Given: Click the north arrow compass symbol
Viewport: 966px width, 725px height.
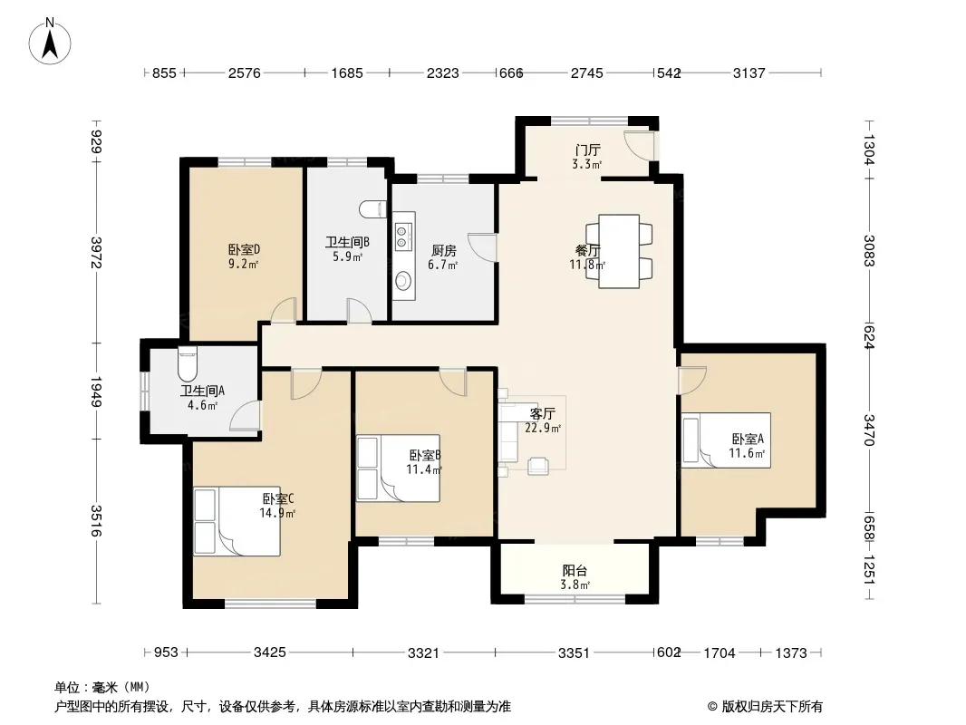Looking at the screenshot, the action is [x=49, y=42].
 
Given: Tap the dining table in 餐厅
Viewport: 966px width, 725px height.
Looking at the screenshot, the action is [x=619, y=251].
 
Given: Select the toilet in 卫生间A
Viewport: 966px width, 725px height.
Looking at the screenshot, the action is [x=188, y=363].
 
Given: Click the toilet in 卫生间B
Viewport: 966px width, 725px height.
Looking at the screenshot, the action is [x=372, y=209].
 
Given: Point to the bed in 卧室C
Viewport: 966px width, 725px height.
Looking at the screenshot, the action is [x=237, y=522].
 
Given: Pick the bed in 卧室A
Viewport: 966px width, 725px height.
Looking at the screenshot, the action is [x=727, y=440].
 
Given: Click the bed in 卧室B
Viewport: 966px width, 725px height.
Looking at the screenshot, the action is [x=398, y=469].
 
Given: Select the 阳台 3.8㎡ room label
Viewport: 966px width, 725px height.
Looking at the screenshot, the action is [x=575, y=577].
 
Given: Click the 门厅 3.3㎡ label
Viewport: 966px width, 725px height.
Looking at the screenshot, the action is [x=586, y=157].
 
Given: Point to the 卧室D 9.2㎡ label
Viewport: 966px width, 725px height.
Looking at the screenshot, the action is [x=244, y=256].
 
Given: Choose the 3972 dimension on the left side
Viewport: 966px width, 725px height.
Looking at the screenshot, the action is [x=95, y=253].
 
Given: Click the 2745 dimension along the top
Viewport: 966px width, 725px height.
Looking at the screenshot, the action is [x=586, y=73].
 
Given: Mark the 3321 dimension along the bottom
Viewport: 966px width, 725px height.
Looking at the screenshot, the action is [x=423, y=652].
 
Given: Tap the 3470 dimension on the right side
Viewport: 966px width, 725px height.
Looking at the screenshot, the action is [x=869, y=430].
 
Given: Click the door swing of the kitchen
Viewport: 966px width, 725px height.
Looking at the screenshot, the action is [x=482, y=246].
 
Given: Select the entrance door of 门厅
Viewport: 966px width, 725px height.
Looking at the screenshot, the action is [x=639, y=146].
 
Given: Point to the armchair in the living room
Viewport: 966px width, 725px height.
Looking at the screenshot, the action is [x=538, y=467].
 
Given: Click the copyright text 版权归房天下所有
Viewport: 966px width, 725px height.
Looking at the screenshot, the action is [x=772, y=707].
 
